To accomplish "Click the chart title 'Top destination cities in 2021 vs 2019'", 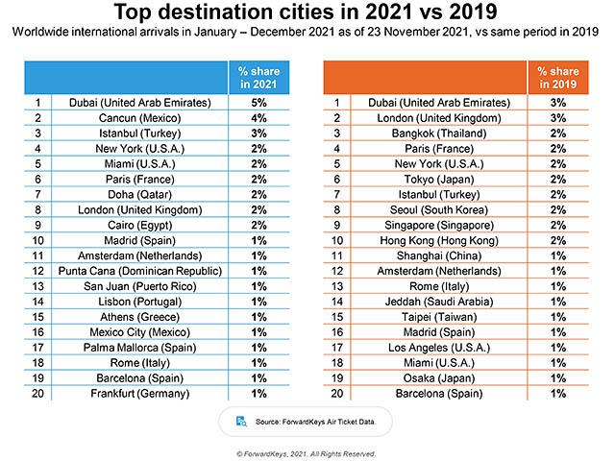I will click(x=307, y=14).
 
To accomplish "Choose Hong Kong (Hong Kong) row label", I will click(x=430, y=239).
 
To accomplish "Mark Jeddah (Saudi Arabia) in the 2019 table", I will click(x=430, y=301).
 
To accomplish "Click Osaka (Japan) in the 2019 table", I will click(x=430, y=376).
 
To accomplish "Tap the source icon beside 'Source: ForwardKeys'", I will click(x=239, y=420).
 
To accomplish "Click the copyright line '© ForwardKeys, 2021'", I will click(x=307, y=452).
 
